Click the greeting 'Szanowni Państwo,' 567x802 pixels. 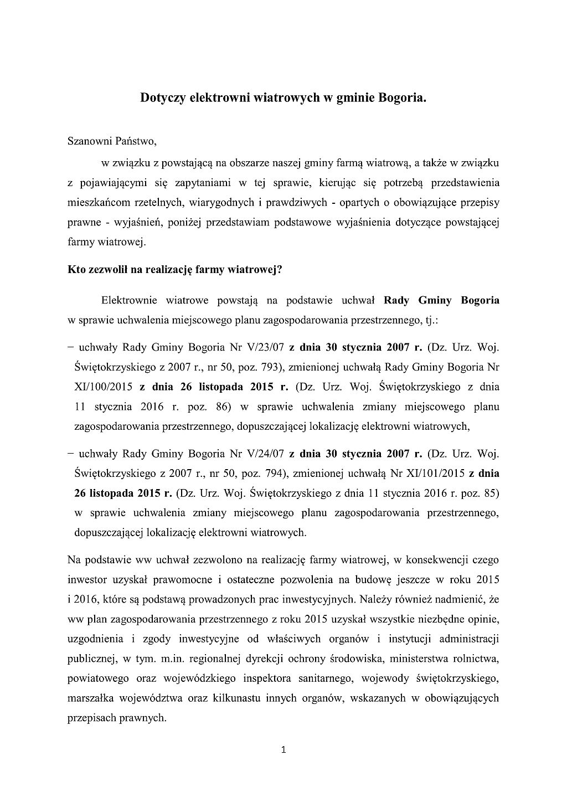click(x=112, y=141)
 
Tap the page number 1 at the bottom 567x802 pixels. click(x=283, y=750)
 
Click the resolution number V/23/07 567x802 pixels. click(x=265, y=348)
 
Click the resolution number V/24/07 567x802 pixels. click(x=265, y=454)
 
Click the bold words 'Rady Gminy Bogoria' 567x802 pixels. click(x=441, y=301)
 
